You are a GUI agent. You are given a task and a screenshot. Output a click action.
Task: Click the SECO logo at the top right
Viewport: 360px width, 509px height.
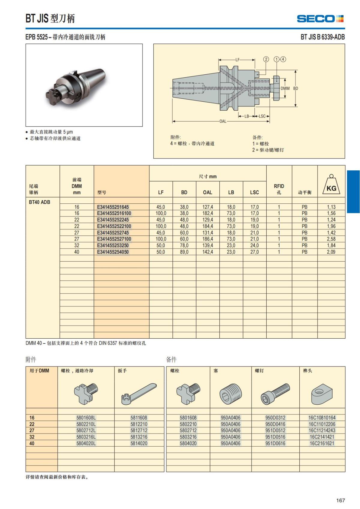point(320,19)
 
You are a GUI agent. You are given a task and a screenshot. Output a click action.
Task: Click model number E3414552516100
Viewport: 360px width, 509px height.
point(114,213)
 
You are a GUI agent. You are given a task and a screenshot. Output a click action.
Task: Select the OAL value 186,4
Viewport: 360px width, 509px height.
point(208,239)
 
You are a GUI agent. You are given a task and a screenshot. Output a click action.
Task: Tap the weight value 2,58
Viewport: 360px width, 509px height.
point(331,239)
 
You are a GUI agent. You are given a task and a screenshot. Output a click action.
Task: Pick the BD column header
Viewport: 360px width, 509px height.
point(184,192)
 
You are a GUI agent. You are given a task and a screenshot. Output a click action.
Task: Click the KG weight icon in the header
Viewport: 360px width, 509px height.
point(331,184)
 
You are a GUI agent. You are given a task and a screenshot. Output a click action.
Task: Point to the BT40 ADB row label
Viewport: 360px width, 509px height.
point(40,202)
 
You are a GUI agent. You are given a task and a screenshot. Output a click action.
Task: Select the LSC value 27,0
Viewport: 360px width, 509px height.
point(254,252)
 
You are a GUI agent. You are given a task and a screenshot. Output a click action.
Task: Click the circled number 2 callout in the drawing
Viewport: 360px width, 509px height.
point(266,59)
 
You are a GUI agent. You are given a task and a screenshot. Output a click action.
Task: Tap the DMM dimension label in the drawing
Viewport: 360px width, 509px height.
point(285,88)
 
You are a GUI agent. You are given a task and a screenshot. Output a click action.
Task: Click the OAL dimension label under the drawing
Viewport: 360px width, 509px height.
point(223,121)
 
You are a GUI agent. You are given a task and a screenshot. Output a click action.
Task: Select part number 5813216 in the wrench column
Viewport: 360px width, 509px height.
point(139,437)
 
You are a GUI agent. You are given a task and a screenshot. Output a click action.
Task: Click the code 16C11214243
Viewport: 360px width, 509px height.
point(322,430)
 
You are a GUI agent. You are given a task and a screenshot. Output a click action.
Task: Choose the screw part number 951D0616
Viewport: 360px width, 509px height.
point(275,443)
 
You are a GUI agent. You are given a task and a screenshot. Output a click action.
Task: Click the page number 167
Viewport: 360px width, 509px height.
point(340,500)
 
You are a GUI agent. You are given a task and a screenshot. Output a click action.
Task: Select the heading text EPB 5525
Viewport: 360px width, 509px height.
point(36,37)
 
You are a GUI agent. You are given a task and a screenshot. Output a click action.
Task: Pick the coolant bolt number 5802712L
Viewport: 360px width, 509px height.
point(86,430)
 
